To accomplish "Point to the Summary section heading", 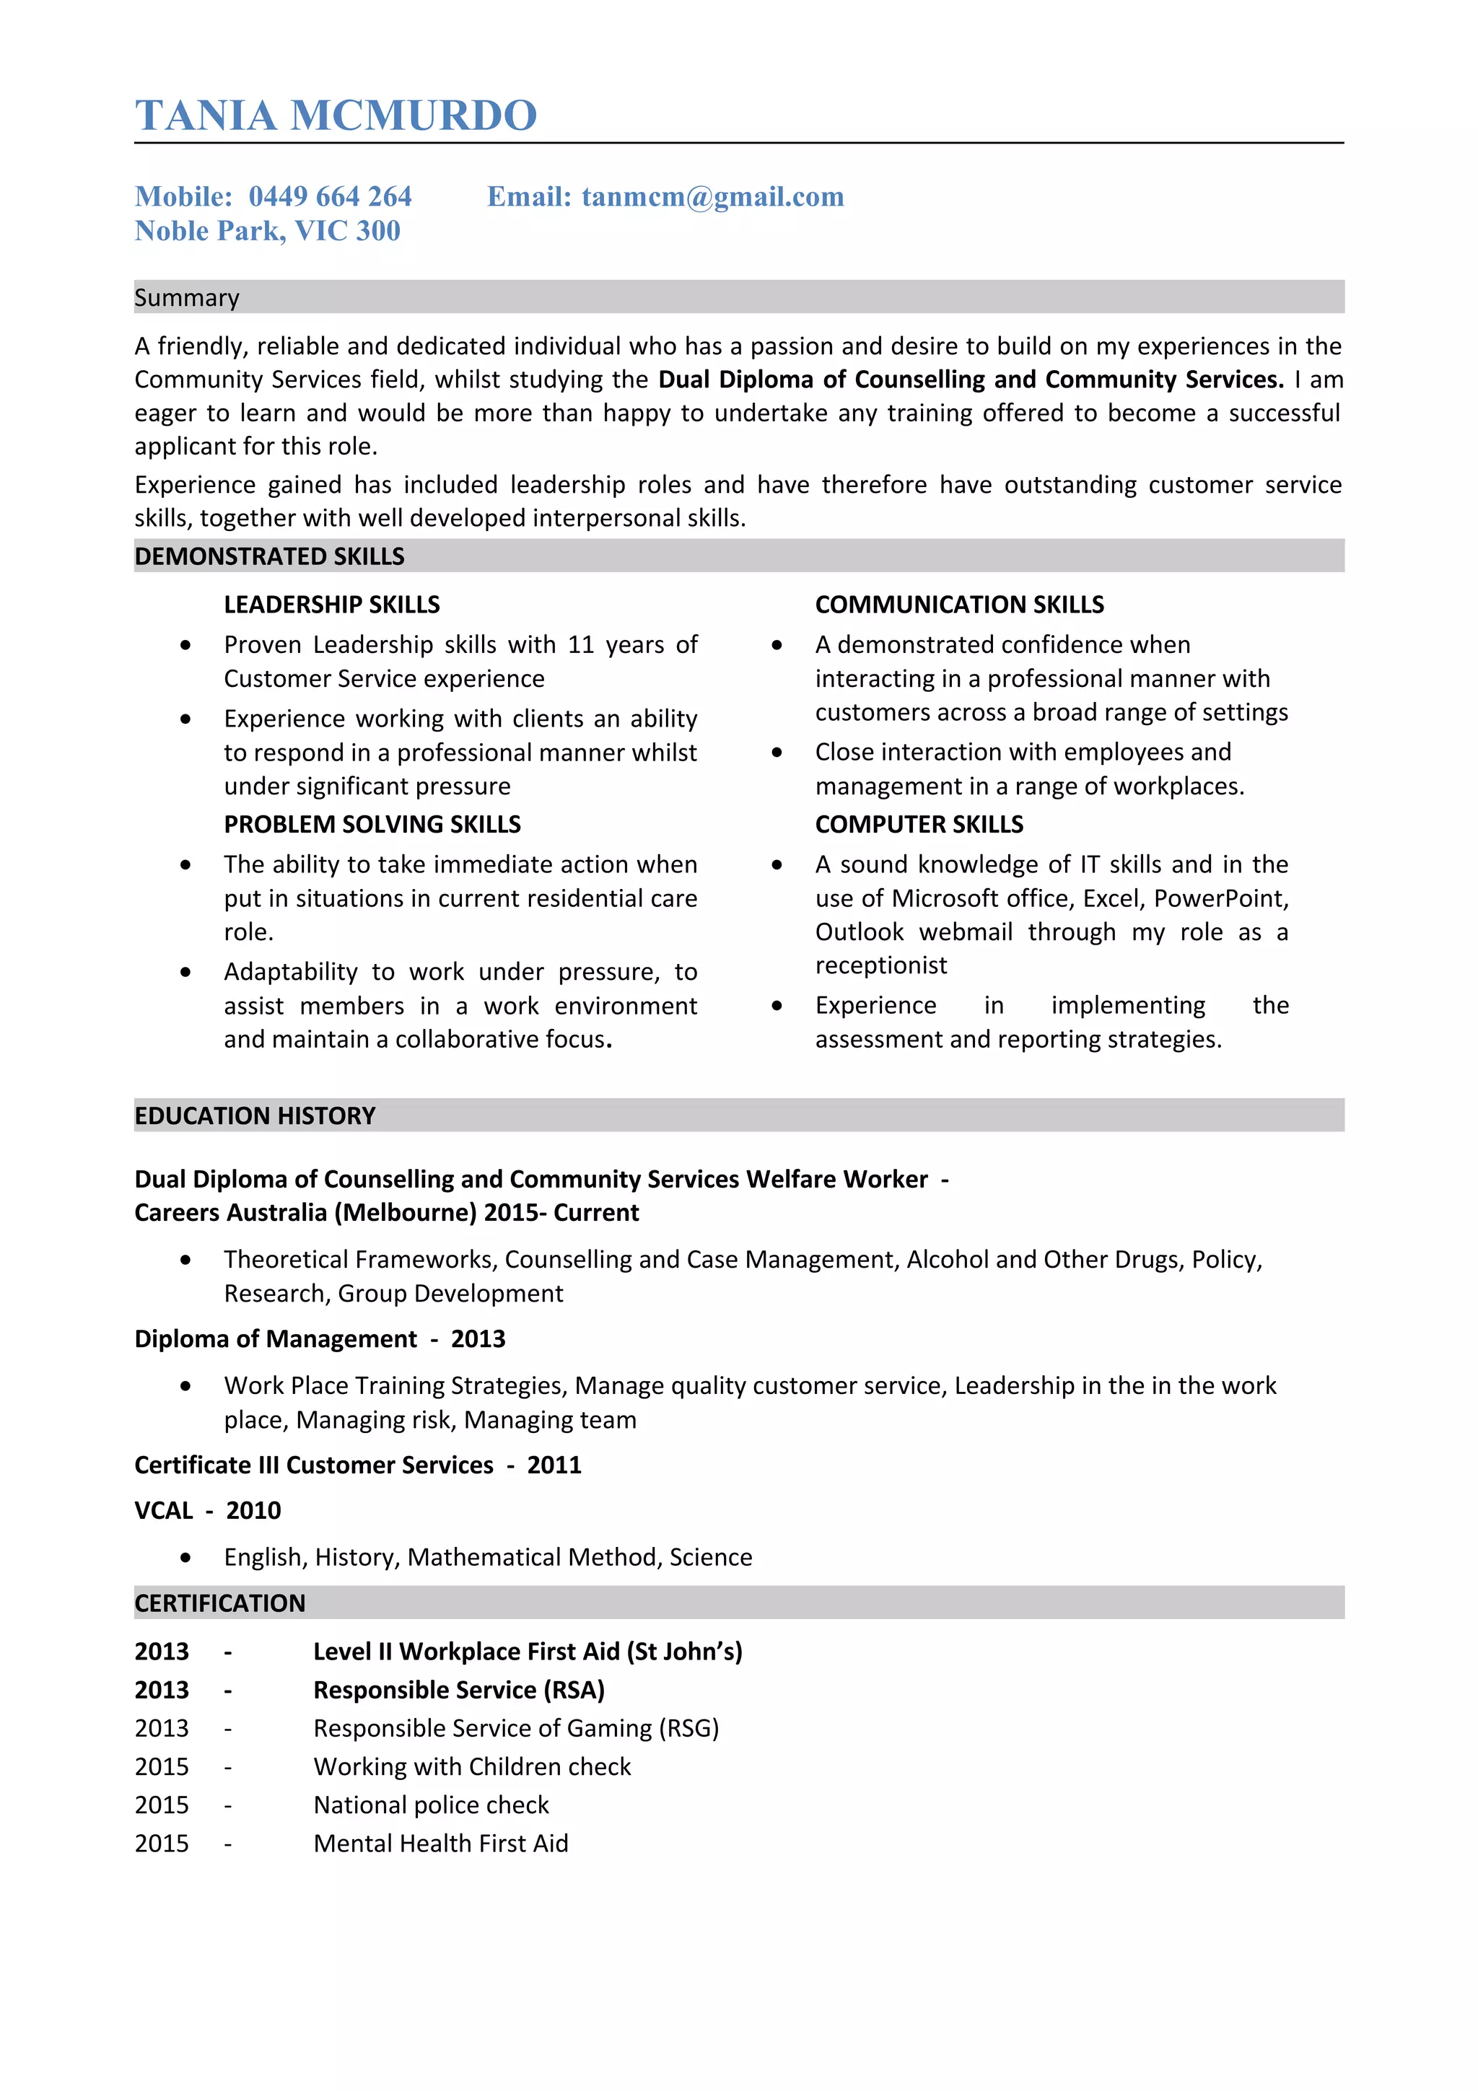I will (187, 298).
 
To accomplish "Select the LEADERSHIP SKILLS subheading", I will (331, 604).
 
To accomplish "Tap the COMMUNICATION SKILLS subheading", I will (959, 604).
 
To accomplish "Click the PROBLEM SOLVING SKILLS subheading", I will (372, 823).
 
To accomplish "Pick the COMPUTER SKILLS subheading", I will (918, 823).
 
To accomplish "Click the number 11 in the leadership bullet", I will (580, 645).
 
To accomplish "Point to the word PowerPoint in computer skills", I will (1220, 898).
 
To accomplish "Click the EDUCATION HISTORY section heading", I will (254, 1115).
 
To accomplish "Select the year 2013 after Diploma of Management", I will (477, 1338).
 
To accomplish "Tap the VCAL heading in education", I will (163, 1510).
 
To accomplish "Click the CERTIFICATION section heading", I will (219, 1602).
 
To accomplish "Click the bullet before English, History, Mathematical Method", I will (185, 1557).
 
